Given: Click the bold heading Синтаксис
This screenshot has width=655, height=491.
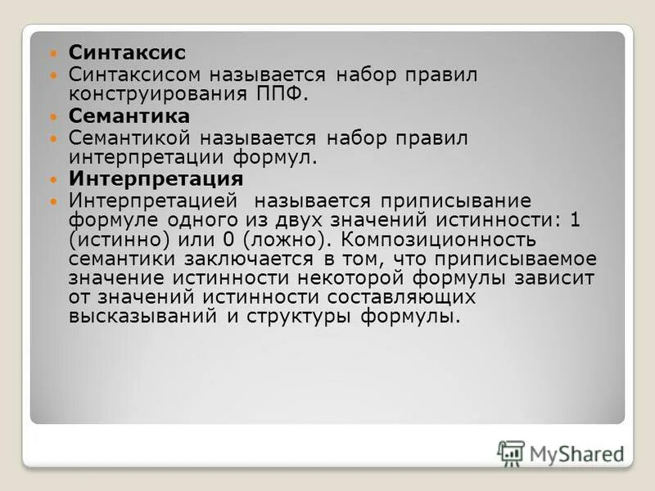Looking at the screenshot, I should (127, 52).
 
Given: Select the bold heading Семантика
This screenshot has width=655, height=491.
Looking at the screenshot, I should (129, 116).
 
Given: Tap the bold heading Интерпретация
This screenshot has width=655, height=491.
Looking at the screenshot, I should (156, 179).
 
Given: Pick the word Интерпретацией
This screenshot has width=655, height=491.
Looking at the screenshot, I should (153, 201).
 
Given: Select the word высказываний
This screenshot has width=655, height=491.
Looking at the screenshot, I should (144, 316).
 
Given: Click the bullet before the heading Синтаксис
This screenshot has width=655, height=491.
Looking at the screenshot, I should (55, 53).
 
